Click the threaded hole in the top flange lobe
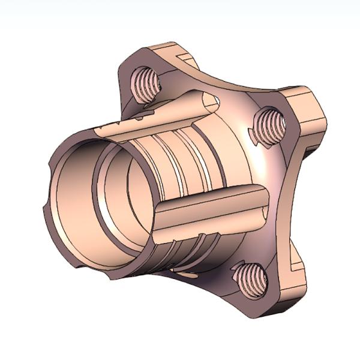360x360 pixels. [x=144, y=80]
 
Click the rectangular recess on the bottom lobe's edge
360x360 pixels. [x=294, y=264]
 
